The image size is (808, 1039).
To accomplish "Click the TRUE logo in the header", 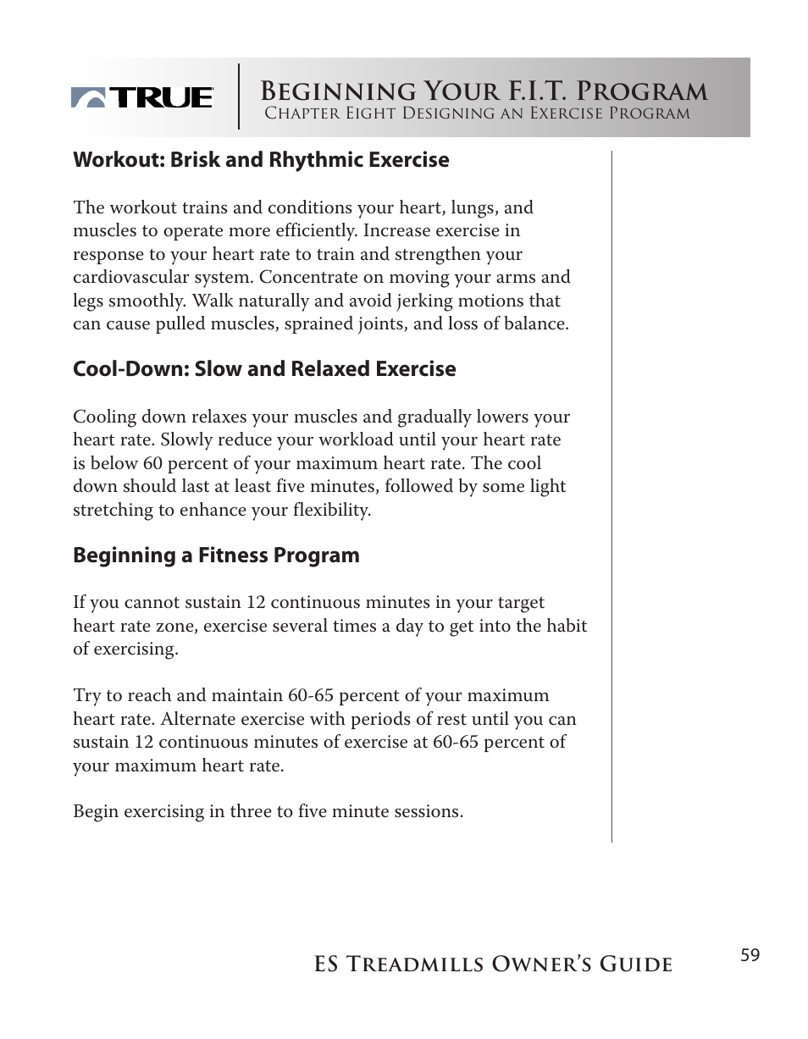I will pyautogui.click(x=142, y=98).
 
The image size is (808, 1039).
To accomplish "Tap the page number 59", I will pyautogui.click(x=750, y=956).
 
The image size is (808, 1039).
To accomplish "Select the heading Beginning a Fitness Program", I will pyautogui.click(x=216, y=555).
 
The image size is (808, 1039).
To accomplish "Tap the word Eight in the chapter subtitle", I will pyautogui.click(x=370, y=113).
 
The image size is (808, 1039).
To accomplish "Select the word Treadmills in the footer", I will pyautogui.click(x=433, y=964).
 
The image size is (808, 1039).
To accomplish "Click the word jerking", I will pyautogui.click(x=419, y=301).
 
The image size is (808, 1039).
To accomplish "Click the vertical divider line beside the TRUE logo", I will pyautogui.click(x=239, y=97).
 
